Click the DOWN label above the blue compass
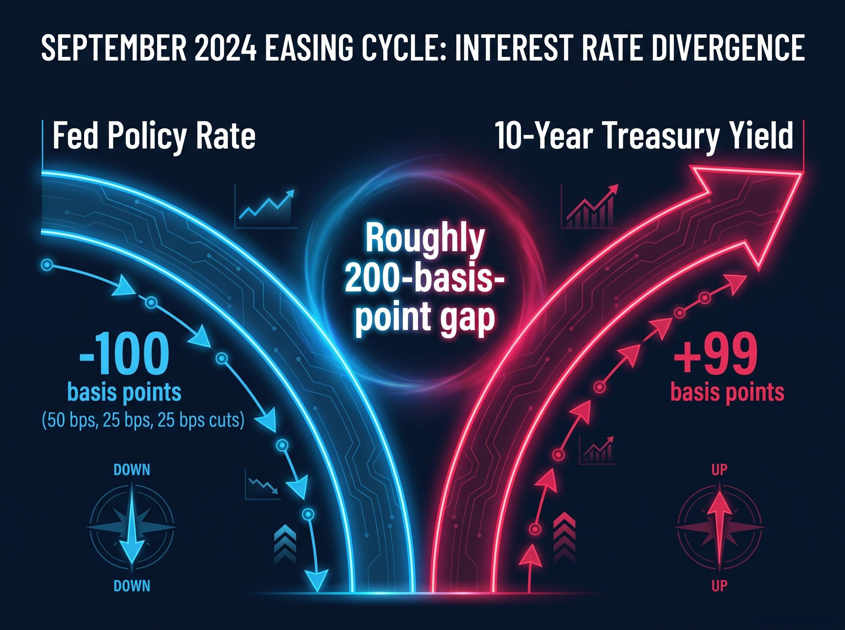[x=132, y=470]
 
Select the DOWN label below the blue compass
[x=132, y=586]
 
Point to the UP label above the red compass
[x=719, y=470]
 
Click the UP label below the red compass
[x=719, y=586]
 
